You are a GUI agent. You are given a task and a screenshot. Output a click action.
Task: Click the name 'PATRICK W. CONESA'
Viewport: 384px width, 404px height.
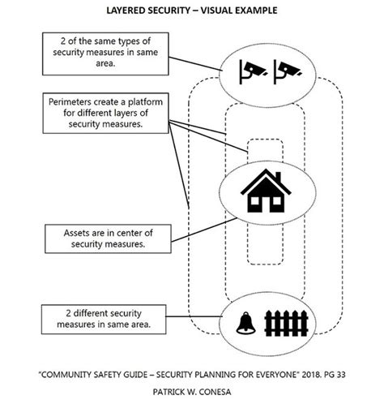click(x=192, y=389)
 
